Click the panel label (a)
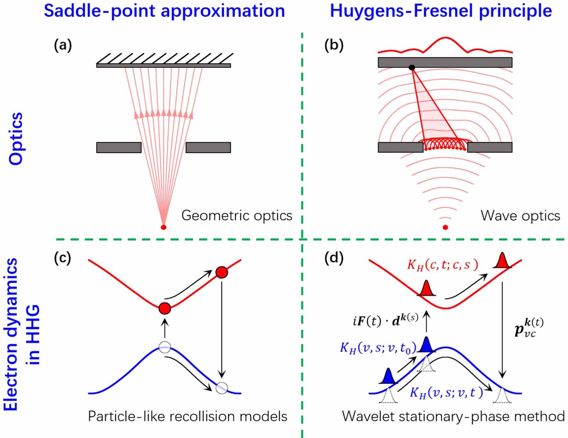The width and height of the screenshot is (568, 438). coord(63,46)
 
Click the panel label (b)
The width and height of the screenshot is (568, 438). coord(334,46)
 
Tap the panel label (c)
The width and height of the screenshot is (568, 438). coord(62,258)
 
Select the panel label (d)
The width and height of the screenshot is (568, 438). coord(334,258)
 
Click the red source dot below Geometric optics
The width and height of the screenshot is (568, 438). coord(163,227)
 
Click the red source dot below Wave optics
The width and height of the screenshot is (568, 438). coord(445,227)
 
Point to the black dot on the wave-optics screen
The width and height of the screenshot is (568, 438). coord(411,67)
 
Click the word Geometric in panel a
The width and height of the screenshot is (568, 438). coord(209,215)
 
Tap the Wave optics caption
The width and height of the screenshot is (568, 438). coord(520,215)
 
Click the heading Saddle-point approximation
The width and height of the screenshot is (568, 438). coord(164,11)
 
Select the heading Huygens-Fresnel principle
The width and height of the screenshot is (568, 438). coord(441,11)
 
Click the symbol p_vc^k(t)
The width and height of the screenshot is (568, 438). coord(529,327)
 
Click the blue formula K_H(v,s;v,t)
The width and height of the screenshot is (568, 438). coord(446,393)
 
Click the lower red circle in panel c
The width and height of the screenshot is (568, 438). coord(165,308)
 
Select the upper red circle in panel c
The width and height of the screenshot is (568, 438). coord(222,272)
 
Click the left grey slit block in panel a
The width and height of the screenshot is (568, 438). coord(119,147)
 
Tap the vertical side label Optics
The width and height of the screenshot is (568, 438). coord(16,138)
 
